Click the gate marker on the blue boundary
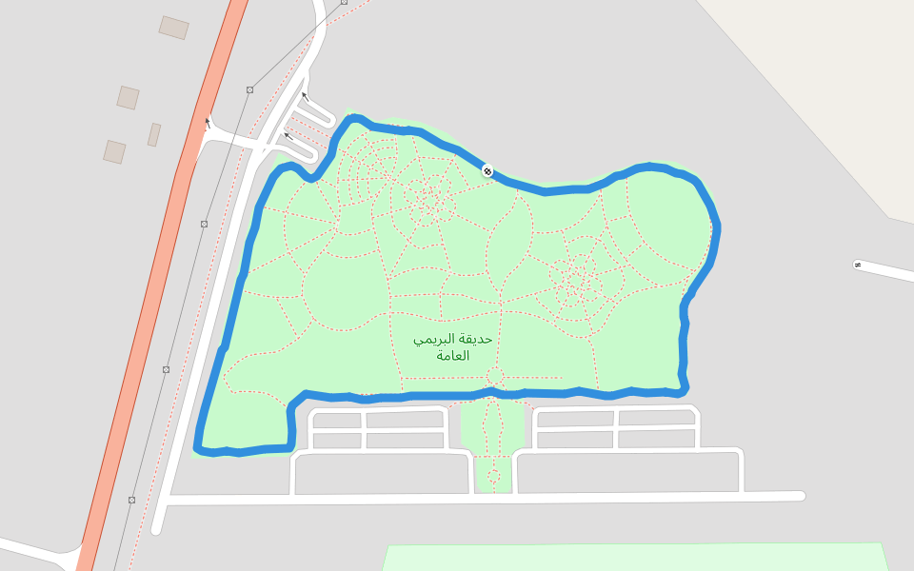click(487, 171)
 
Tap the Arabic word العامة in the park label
click(454, 356)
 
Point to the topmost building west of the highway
click(173, 28)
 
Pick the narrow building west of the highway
click(154, 135)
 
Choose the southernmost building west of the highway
click(114, 151)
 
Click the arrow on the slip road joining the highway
click(208, 122)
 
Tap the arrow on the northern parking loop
click(304, 95)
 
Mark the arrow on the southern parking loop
click(287, 136)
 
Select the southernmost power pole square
click(131, 500)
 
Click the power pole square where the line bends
click(249, 89)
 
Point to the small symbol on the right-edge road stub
click(858, 265)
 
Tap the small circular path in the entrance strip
click(493, 475)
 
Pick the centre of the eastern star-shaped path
click(576, 280)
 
